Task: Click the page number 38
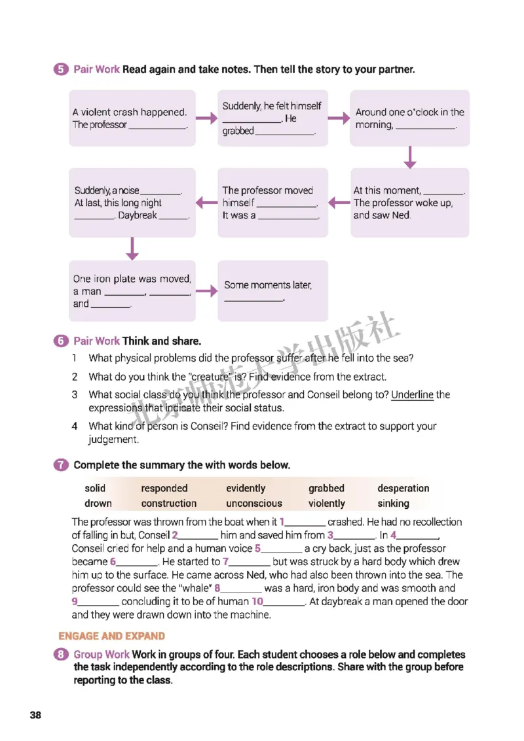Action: (x=35, y=714)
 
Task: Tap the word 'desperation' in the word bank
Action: (x=403, y=488)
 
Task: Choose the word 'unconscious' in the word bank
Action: (x=254, y=504)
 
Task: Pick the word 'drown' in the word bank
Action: (x=98, y=504)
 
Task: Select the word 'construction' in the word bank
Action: (x=168, y=504)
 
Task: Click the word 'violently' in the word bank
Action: (x=326, y=504)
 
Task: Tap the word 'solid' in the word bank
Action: (x=95, y=488)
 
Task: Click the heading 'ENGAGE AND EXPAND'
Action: (x=111, y=636)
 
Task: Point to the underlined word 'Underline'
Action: (x=412, y=394)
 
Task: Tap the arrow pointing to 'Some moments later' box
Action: (x=206, y=291)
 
